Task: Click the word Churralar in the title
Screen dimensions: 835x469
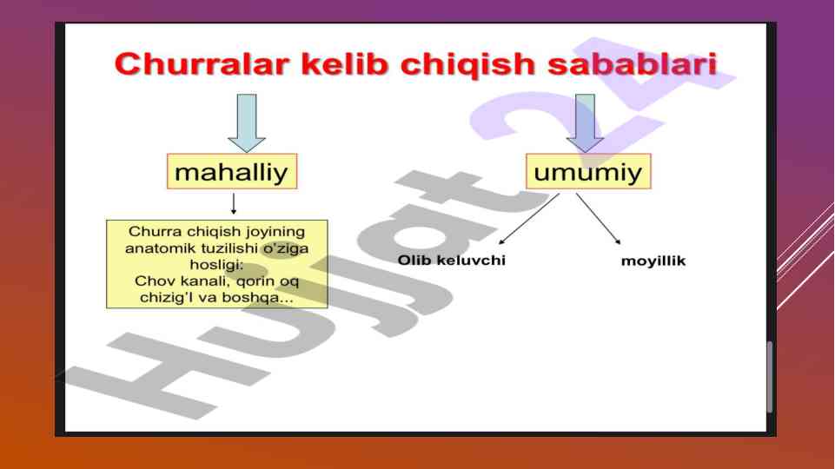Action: click(x=202, y=64)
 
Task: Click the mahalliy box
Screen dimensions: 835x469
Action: click(x=232, y=171)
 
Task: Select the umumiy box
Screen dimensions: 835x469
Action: click(x=588, y=171)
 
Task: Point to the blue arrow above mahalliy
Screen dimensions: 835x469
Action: click(x=247, y=123)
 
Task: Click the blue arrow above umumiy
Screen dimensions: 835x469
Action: click(x=586, y=123)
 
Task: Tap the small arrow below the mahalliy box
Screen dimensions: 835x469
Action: click(x=233, y=204)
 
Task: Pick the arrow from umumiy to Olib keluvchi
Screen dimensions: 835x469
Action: click(x=529, y=219)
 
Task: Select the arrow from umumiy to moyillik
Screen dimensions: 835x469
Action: click(x=599, y=219)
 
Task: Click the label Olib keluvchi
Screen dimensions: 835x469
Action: click(x=452, y=261)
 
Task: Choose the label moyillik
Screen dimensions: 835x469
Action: click(x=653, y=261)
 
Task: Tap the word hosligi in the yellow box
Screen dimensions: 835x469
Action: click(x=216, y=265)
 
